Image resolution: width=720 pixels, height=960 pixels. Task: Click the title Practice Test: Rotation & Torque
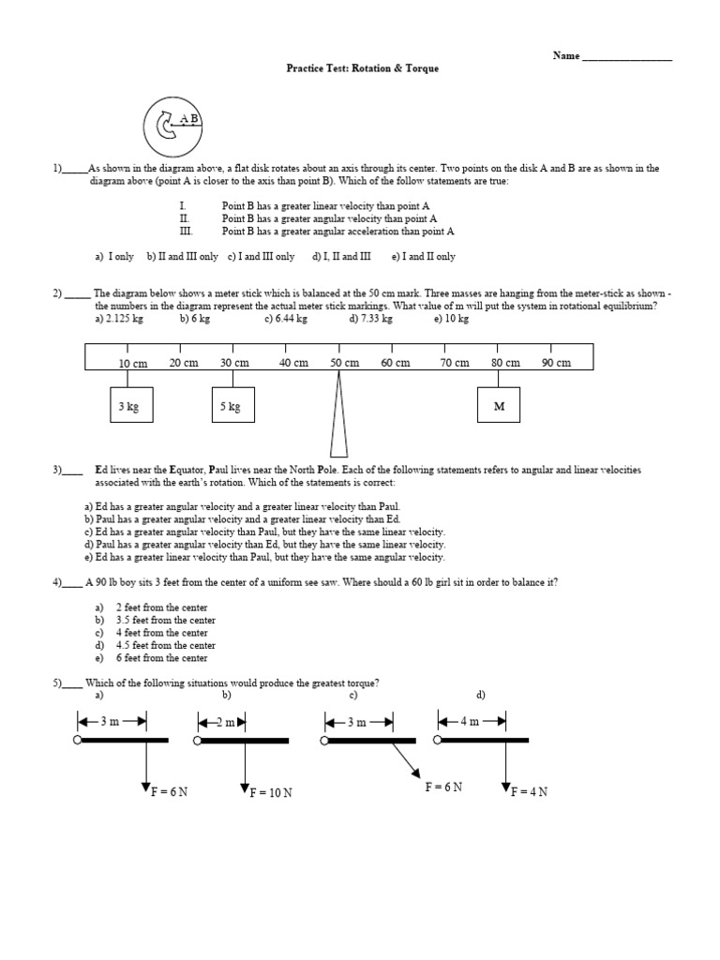click(x=362, y=68)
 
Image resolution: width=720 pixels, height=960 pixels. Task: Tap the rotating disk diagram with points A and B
click(x=173, y=127)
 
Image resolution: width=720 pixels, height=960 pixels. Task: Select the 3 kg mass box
click(x=129, y=406)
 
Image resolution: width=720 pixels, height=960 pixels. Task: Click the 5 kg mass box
click(x=232, y=406)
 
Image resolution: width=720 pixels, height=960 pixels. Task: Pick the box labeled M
click(x=499, y=406)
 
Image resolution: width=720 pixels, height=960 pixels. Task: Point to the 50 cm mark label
click(x=345, y=364)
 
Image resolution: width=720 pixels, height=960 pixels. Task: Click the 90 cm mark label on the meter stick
click(x=556, y=364)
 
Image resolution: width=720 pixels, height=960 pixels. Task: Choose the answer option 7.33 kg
click(x=370, y=319)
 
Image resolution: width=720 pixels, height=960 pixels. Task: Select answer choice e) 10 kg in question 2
click(x=451, y=319)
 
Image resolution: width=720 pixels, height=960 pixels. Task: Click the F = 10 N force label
click(x=271, y=792)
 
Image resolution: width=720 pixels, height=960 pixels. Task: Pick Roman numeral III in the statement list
click(x=185, y=231)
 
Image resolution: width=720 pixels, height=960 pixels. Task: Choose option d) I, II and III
click(x=341, y=256)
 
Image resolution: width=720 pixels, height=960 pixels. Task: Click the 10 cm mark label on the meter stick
click(x=133, y=364)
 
